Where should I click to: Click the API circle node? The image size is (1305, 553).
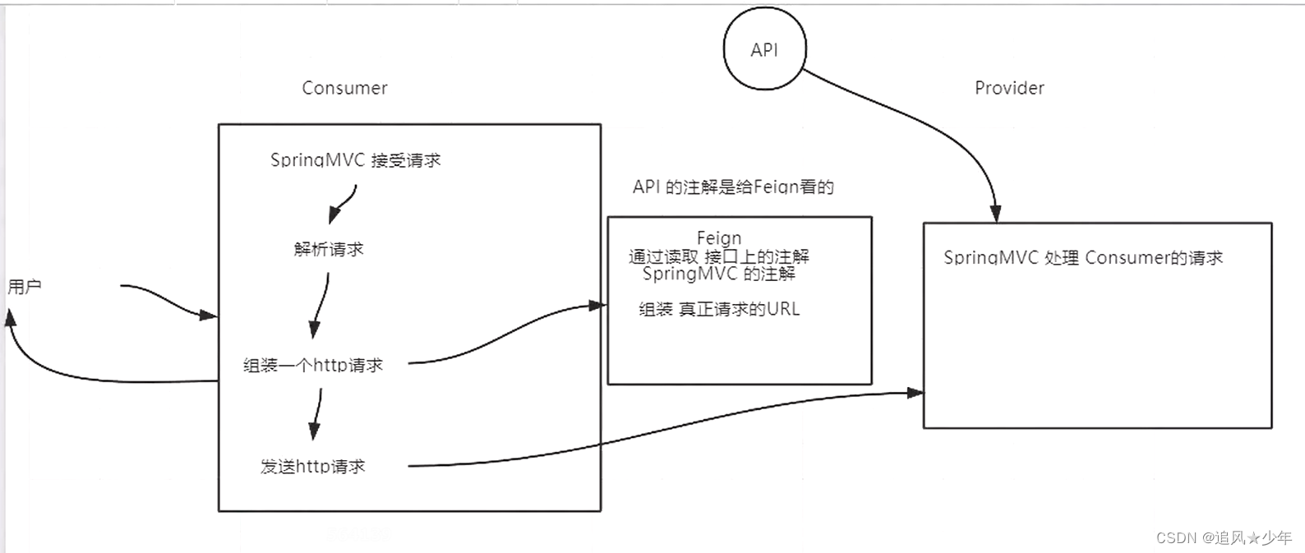pos(764,49)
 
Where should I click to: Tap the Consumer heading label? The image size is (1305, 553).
pos(344,88)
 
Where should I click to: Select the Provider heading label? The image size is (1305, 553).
pos(1009,88)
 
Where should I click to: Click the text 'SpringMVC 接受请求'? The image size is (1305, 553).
pos(355,160)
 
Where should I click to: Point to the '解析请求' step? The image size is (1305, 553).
pos(329,249)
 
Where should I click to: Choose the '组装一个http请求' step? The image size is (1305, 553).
pos(313,365)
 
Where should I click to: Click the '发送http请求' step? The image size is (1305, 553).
pos(312,466)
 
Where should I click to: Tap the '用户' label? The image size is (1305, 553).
pos(25,287)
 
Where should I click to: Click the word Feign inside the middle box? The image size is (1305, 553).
pos(719,238)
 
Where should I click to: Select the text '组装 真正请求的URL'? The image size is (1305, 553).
pos(719,309)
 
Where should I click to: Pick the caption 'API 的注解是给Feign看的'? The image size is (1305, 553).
pos(733,187)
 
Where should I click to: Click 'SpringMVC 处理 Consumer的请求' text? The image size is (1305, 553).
pos(1082,258)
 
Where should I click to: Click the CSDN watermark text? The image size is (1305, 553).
pos(1224,537)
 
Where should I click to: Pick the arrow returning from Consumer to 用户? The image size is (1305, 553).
pos(82,378)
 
